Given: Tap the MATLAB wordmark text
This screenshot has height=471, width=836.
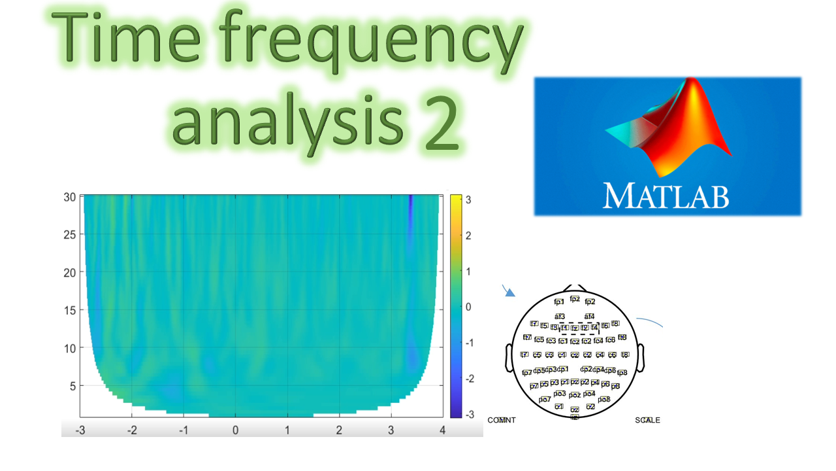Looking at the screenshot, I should click(666, 195).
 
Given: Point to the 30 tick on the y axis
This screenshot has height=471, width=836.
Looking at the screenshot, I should click(69, 197).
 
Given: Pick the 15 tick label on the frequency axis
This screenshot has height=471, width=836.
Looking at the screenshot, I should click(69, 310).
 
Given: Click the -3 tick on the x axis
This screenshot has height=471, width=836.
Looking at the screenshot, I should click(80, 430).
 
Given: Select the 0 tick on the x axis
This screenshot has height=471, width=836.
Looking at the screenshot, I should click(236, 430).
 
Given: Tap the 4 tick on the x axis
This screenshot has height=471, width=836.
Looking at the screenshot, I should click(442, 430).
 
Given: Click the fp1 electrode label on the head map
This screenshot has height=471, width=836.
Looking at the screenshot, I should click(559, 302).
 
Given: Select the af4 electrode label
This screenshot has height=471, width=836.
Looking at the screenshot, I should click(589, 317).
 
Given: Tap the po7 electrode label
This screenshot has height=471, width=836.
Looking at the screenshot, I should click(545, 399).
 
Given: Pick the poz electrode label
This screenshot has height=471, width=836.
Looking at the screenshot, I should click(575, 395).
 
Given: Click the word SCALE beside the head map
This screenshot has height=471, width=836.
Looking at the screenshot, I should click(647, 420).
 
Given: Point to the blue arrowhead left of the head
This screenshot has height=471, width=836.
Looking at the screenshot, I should click(511, 294).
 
